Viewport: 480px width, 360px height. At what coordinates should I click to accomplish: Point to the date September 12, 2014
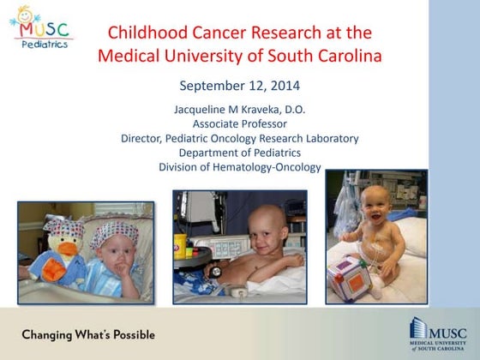[239, 86]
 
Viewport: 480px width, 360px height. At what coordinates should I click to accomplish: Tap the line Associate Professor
[239, 123]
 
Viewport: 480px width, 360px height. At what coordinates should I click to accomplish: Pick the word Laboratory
[329, 138]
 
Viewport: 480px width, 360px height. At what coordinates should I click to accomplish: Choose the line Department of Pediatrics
[239, 153]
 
